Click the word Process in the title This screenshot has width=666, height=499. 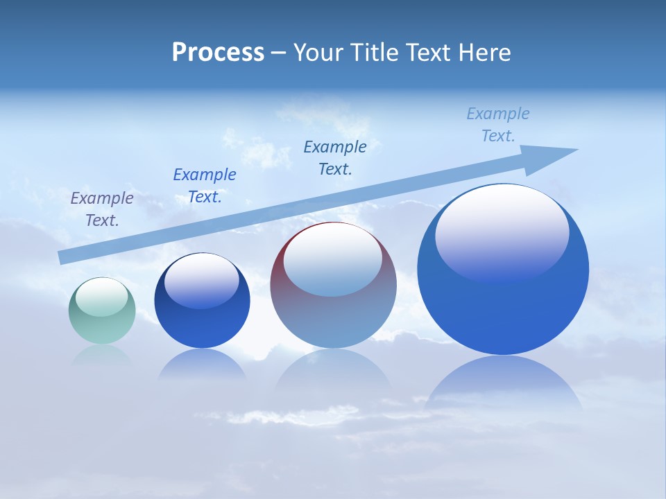[x=218, y=53]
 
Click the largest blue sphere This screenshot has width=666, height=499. [x=503, y=305]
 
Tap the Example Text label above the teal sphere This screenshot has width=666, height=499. [x=102, y=209]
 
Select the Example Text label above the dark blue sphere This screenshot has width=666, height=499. [x=205, y=186]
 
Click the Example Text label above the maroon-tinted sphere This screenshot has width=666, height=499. [x=335, y=158]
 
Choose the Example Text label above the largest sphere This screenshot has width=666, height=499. [x=498, y=125]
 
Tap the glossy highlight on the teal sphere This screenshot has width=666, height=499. [x=101, y=297]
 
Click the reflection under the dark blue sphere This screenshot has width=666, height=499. [x=202, y=364]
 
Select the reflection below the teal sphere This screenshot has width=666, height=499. [x=102, y=355]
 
